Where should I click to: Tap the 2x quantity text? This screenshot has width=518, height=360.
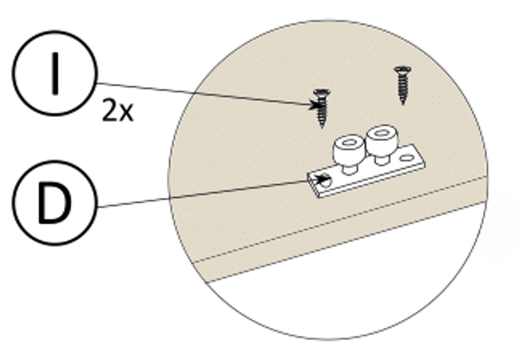pyautogui.click(x=117, y=111)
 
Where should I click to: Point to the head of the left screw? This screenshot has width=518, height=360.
pyautogui.click(x=320, y=93)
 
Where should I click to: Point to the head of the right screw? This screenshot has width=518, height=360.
pyautogui.click(x=403, y=69)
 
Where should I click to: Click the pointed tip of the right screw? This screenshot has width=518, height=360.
pyautogui.click(x=404, y=103)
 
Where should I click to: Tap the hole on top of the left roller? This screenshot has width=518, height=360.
pyautogui.click(x=348, y=144)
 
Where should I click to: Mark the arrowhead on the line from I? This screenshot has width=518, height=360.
pyautogui.click(x=314, y=104)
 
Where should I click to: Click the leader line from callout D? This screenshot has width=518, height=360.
pyautogui.click(x=204, y=195)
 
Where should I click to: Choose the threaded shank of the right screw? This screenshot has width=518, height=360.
pyautogui.click(x=404, y=87)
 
